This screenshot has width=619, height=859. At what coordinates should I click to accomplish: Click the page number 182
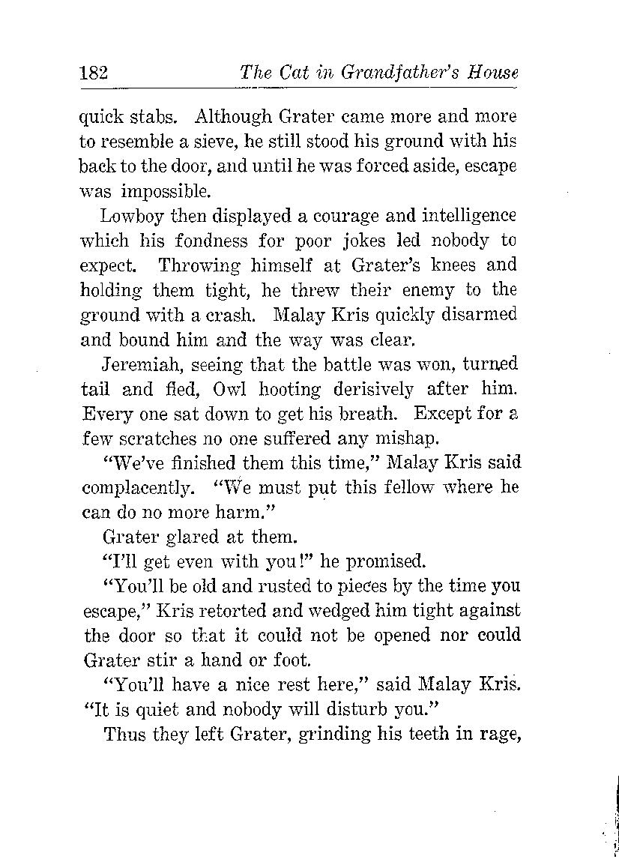(94, 73)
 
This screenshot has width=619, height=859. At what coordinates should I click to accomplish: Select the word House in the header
(492, 73)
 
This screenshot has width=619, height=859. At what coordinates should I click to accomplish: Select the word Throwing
(200, 265)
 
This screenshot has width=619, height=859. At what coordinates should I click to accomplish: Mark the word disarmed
(480, 314)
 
